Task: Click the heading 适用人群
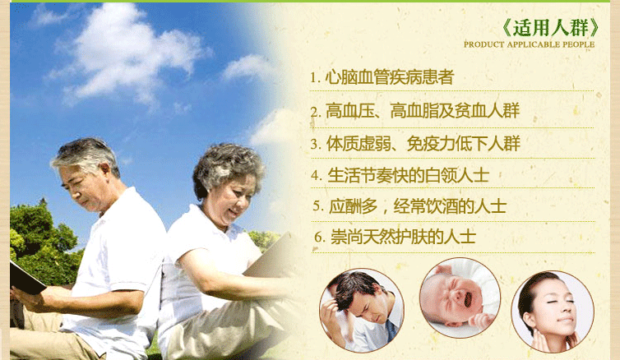coord(551,28)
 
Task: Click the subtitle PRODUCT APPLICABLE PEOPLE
coord(529,44)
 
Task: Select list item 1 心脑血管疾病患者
coord(382,77)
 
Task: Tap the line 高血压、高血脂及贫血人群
coord(414,111)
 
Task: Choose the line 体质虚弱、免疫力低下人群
coord(415,144)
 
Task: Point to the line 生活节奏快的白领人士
coord(400,175)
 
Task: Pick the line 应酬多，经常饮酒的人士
coord(409,205)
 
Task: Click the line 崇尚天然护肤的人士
coord(395,237)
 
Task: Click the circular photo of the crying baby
coord(460,298)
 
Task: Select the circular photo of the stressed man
coord(362,311)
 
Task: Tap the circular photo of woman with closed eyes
coord(553,312)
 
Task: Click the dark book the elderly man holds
coord(25,278)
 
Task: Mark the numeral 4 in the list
coord(316,175)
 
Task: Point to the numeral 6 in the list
coord(318,237)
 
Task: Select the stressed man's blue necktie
coord(391,330)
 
